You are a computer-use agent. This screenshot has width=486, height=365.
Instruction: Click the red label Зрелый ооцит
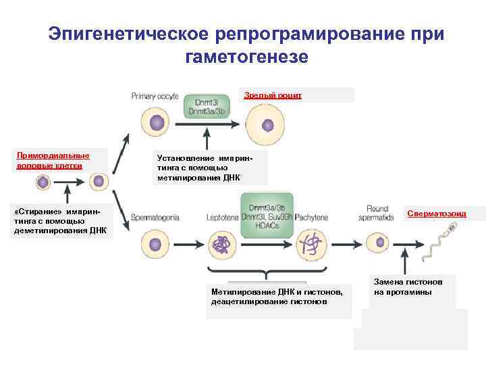pyautogui.click(x=273, y=95)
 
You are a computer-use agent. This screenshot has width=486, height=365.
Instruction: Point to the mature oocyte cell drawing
pyautogui.click(x=267, y=125)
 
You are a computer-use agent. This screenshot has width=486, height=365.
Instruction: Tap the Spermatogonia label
pyautogui.click(x=155, y=218)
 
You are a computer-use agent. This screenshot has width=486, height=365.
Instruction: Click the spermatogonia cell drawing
pyautogui.click(x=153, y=242)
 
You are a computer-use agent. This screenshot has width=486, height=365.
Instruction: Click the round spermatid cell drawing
pyautogui.click(x=375, y=241)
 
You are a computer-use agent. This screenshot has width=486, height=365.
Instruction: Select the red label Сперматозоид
pyautogui.click(x=436, y=214)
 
